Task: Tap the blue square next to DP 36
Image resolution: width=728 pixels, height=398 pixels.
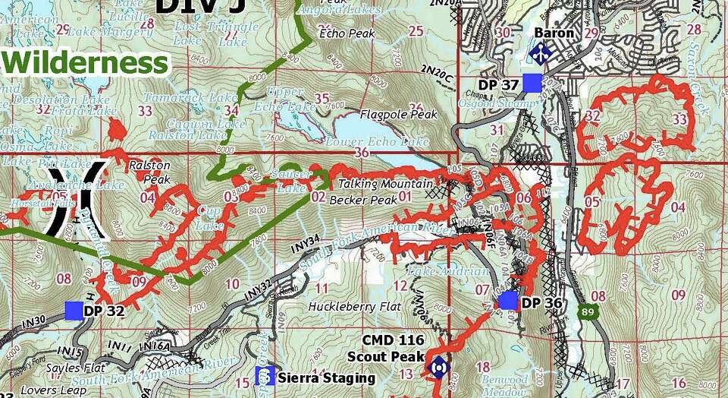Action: pos(507,301)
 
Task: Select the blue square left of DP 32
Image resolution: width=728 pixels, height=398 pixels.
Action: pos(74,310)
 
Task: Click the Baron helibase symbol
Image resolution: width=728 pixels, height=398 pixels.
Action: pos(540,53)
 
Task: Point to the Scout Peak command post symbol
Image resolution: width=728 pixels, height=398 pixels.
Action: pos(438,367)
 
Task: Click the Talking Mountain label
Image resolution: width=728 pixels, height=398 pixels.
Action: pos(386,184)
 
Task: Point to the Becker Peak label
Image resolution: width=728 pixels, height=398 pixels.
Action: pos(363,201)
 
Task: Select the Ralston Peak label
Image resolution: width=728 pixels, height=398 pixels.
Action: pos(149,172)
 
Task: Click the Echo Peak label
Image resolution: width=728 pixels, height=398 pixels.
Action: pos(343,33)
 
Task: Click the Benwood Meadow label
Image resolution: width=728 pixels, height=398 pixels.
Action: pos(504,384)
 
